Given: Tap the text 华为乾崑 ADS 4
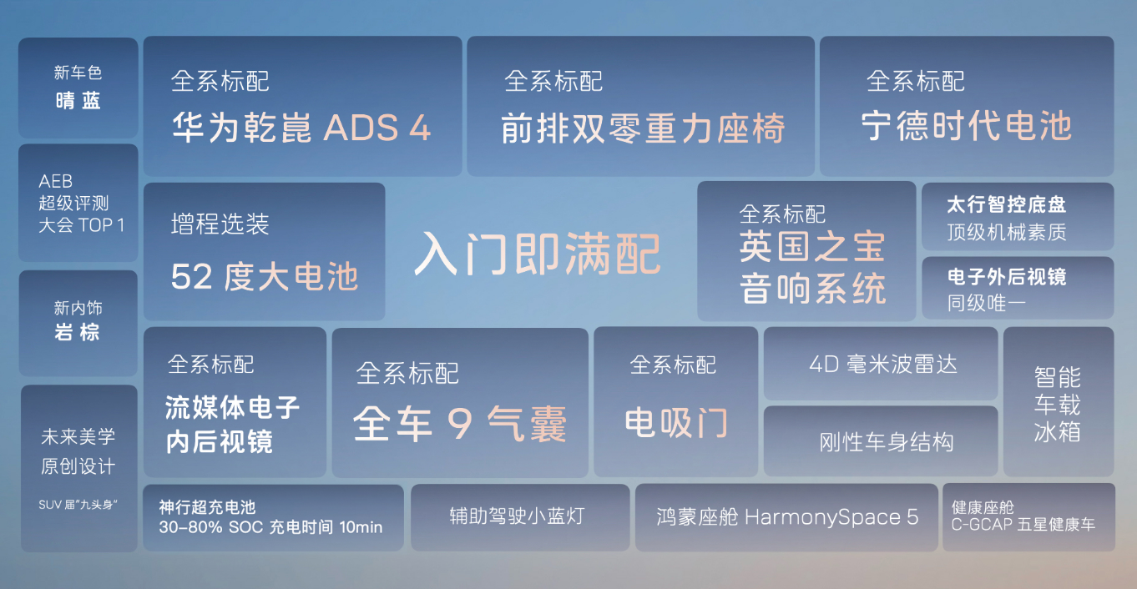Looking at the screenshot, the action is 301,127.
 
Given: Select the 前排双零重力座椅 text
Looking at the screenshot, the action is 643,128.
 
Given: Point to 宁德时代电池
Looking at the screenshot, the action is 967,126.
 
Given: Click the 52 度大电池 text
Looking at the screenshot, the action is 265,276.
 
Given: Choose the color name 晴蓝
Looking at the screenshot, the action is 78,100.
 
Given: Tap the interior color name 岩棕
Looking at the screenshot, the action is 77,332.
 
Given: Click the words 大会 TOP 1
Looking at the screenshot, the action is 82,224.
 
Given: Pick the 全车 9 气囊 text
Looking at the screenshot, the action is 460,424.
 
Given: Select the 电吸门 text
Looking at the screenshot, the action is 676,423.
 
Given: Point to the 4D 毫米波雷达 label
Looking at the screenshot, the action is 883,365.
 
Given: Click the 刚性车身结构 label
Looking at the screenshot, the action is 887,442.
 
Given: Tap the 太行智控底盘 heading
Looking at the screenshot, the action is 1007,204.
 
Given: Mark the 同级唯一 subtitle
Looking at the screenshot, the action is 986,304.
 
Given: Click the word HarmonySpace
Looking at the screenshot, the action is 823,517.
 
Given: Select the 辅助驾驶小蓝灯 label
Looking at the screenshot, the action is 518,516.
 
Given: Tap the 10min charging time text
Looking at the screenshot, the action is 361,527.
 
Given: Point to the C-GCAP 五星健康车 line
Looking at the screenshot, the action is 1023,524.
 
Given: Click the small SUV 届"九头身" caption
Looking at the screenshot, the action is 78,505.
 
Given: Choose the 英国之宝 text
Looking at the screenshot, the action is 812,247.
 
